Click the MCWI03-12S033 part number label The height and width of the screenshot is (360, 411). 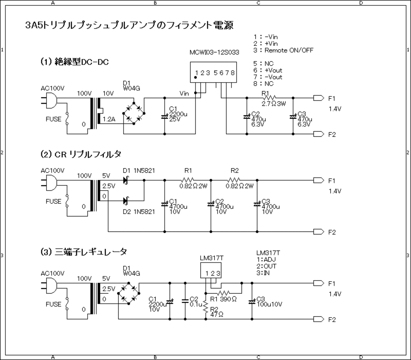pos(214,52)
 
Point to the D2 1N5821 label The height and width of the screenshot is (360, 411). pos(139,211)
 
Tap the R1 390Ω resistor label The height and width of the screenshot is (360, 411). pos(223,299)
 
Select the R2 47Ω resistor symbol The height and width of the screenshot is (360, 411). pos(206,307)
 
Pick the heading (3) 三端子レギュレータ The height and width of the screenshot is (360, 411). pos(84,252)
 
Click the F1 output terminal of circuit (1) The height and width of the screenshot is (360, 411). pos(318,98)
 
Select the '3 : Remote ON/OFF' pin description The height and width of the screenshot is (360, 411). pos(283,50)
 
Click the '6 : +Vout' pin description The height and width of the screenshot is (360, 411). pos(267,70)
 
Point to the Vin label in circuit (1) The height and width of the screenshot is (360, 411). pos(184,93)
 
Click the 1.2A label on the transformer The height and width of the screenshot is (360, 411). pos(109,119)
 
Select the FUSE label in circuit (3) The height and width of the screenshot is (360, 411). pos(53,304)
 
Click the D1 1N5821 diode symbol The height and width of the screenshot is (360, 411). pos(126,180)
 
